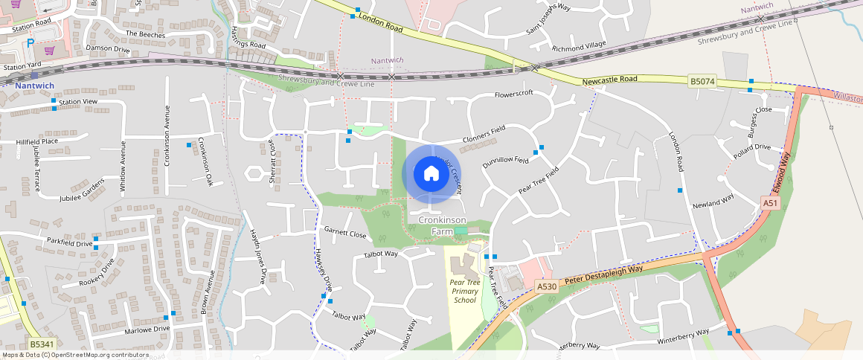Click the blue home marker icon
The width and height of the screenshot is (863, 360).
pyautogui.click(x=431, y=174)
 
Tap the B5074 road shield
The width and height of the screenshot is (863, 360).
pyautogui.click(x=702, y=81)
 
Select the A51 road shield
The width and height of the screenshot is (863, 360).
pyautogui.click(x=769, y=203)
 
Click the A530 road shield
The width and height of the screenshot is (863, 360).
pyautogui.click(x=546, y=286)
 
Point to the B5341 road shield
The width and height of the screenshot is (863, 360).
pyautogui.click(x=41, y=344)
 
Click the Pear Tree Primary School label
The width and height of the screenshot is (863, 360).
pyautogui.click(x=464, y=292)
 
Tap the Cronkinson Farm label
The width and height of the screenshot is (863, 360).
pyautogui.click(x=442, y=226)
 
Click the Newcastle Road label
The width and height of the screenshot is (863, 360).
pyautogui.click(x=610, y=80)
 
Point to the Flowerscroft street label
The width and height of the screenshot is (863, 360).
pyautogui.click(x=515, y=94)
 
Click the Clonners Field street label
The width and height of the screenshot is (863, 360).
pyautogui.click(x=484, y=134)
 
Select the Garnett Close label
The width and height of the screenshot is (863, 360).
pyautogui.click(x=345, y=233)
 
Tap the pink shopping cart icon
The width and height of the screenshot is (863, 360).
pyautogui.click(x=49, y=51)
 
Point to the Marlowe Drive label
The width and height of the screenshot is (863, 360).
pyautogui.click(x=147, y=330)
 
